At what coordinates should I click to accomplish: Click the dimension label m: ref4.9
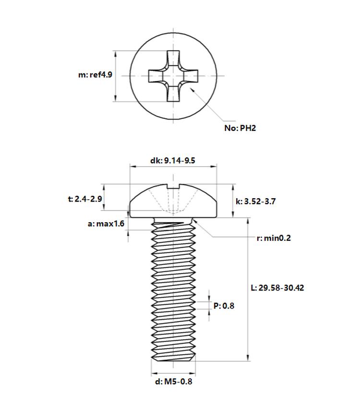96,75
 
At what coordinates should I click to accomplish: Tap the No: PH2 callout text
240,128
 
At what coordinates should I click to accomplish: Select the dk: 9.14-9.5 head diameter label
173,161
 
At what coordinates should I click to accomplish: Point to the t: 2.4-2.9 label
85,199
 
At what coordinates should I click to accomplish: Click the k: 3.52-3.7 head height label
256,201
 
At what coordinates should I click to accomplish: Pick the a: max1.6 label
106,224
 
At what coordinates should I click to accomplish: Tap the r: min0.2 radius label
274,238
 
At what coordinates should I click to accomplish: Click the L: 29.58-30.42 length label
277,287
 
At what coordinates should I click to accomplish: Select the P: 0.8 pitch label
224,306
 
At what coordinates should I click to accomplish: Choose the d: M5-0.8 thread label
174,382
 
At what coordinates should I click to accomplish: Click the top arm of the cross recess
173,59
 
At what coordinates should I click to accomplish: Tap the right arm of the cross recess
191,76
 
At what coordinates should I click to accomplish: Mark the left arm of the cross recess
156,76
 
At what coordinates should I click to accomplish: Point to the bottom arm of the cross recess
173,94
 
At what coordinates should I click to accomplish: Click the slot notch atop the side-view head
173,186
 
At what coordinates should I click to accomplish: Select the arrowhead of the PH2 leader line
192,90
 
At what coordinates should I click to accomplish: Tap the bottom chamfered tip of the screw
173,358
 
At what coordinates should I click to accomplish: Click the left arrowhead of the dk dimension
133,167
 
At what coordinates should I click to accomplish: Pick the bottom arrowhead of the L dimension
248,358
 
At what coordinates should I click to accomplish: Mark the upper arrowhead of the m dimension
116,54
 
